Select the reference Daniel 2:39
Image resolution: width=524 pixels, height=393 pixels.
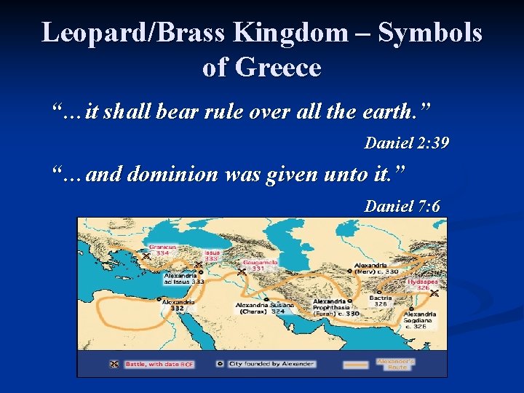click(406, 143)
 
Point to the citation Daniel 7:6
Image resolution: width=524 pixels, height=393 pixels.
click(402, 206)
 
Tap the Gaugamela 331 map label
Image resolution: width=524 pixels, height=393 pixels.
click(259, 265)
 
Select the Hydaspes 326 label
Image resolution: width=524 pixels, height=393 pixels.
click(422, 283)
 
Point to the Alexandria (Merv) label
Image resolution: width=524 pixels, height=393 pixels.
click(376, 268)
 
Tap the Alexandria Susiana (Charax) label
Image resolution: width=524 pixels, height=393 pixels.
click(263, 307)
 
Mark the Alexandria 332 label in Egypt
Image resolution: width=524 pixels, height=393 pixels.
click(178, 304)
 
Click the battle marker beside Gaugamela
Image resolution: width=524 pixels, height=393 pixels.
click(241, 271)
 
